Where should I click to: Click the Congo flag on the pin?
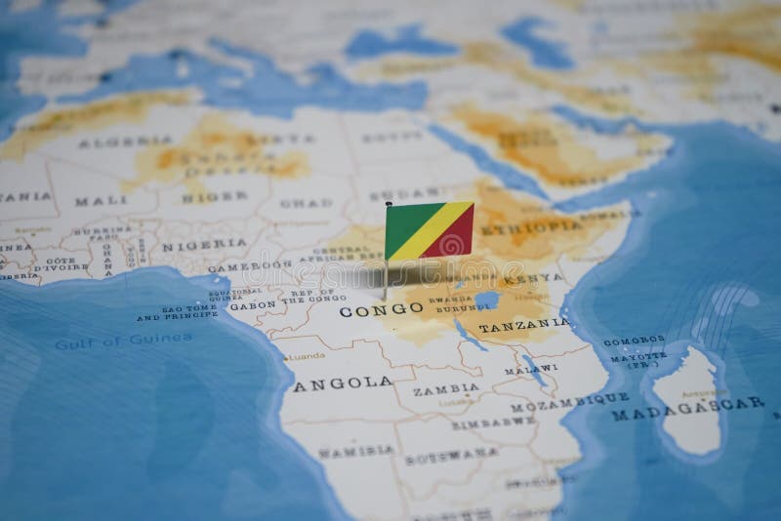(429, 230)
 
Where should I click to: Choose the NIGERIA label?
(204, 244)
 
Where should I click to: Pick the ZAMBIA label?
(445, 388)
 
